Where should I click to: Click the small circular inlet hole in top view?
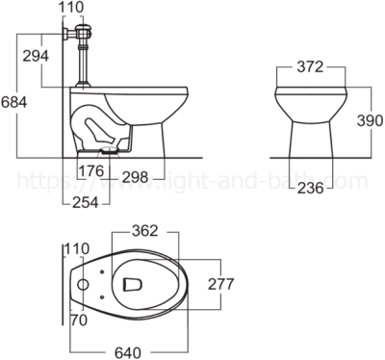click(85, 285)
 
